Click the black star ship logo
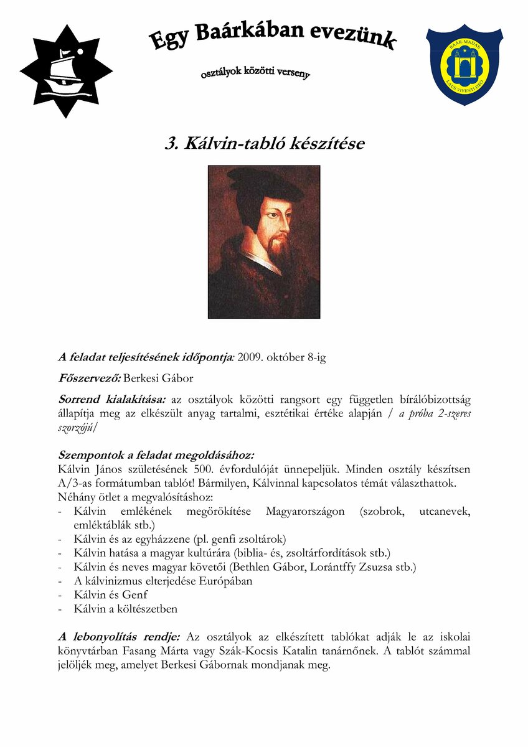coord(66,70)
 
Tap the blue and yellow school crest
coord(464,64)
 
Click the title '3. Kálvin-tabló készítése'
coord(264,144)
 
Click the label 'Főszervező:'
coord(90,378)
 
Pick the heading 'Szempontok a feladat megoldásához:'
coord(156,455)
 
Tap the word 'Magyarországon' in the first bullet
coord(305,511)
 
